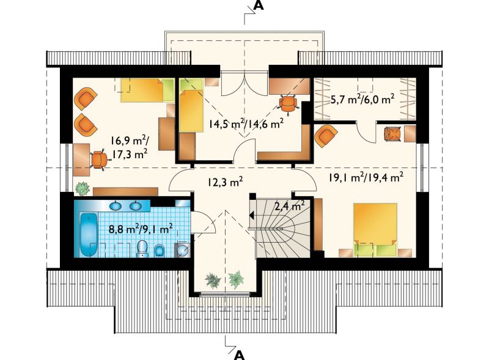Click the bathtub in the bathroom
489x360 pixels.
pyautogui.click(x=89, y=234)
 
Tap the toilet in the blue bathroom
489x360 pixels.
pyautogui.click(x=142, y=249)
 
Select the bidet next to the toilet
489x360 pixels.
pyautogui.click(x=160, y=251)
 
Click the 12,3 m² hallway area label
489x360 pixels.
pyautogui.click(x=225, y=182)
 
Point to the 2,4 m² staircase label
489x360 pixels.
pyautogui.click(x=290, y=206)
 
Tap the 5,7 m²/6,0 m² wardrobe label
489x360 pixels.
pyautogui.click(x=362, y=99)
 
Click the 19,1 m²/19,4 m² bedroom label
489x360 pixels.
pyautogui.click(x=366, y=177)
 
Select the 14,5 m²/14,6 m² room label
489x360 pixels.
pyautogui.click(x=246, y=123)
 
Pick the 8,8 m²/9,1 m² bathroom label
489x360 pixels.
pyautogui.click(x=141, y=229)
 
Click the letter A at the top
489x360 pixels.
pyautogui.click(x=259, y=6)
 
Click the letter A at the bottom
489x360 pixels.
pyautogui.click(x=238, y=355)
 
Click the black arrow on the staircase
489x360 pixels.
pyautogui.click(x=252, y=215)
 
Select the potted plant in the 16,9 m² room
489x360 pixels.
pyautogui.click(x=83, y=188)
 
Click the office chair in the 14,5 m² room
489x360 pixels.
pyautogui.click(x=288, y=104)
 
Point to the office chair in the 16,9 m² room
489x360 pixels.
pyautogui.click(x=99, y=160)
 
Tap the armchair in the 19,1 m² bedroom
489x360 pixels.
pyautogui.click(x=326, y=136)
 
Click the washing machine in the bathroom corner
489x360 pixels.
pyautogui.click(x=183, y=249)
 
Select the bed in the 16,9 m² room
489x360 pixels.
pyautogui.click(x=147, y=90)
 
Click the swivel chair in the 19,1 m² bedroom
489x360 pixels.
pyautogui.click(x=392, y=134)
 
